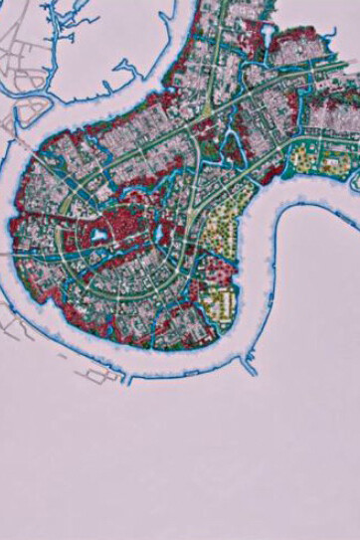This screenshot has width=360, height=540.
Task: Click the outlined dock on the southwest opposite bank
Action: [94, 374]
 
